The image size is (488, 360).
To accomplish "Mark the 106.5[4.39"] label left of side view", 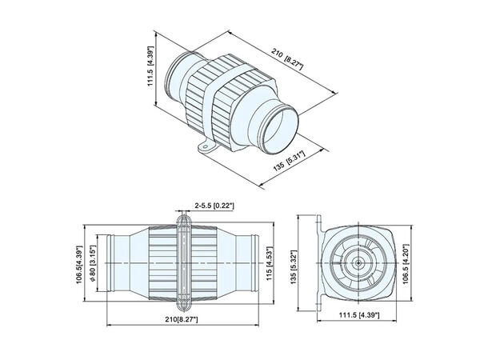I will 80,264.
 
